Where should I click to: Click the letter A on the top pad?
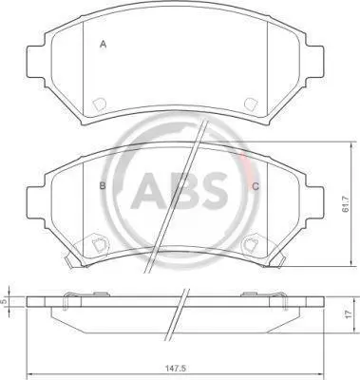click(x=103, y=44)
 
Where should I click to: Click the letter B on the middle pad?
click(x=103, y=186)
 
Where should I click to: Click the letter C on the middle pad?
click(x=256, y=186)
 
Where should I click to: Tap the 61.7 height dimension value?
click(x=346, y=203)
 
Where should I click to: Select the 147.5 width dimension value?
click(x=175, y=369)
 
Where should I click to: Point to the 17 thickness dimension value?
click(x=349, y=313)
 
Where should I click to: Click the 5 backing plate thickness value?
click(x=4, y=301)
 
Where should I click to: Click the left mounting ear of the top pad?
click(x=35, y=62)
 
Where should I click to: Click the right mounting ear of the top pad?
click(x=314, y=62)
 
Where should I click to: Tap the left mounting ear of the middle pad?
click(x=35, y=202)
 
